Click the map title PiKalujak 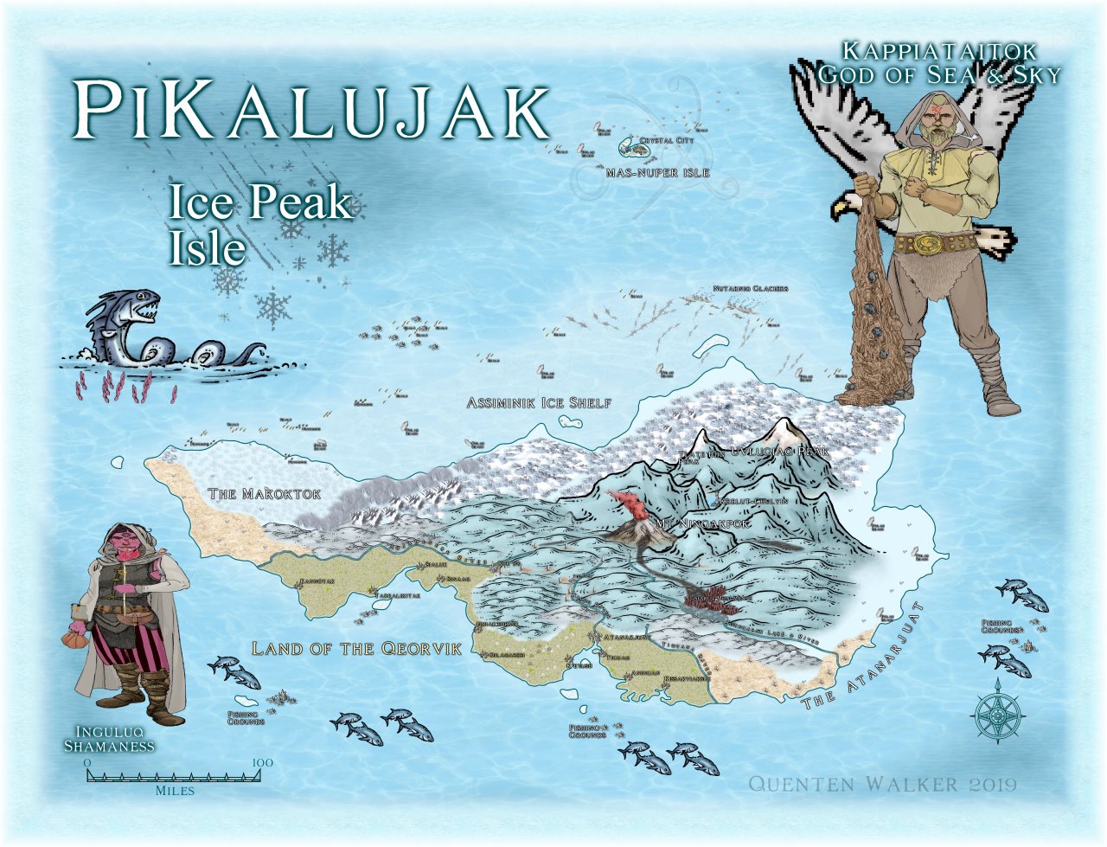311,111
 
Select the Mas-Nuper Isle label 657,173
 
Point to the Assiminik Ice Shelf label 539,403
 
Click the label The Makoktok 265,494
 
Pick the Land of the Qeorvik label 356,649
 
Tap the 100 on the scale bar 262,762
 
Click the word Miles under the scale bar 175,791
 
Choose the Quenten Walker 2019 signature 881,785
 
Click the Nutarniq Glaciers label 750,288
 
